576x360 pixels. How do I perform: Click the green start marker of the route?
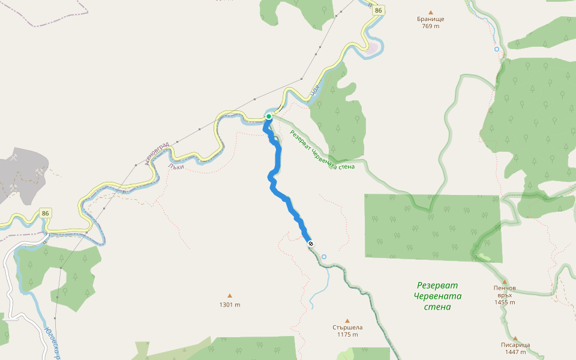(x=269, y=116)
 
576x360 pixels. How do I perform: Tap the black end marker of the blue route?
(x=311, y=243)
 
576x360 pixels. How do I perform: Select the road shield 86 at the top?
(x=377, y=10)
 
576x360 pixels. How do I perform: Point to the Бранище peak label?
(x=430, y=19)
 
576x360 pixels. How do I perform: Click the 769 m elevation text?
(x=430, y=26)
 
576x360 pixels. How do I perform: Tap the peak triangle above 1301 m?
(x=229, y=295)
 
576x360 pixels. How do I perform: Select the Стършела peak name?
(x=347, y=328)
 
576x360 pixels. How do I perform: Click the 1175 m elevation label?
(x=347, y=335)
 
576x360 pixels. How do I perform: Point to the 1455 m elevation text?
(x=505, y=302)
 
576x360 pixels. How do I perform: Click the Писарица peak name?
(x=515, y=345)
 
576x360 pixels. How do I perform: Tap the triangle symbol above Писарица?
(x=515, y=338)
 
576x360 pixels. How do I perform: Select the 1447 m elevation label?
(x=515, y=353)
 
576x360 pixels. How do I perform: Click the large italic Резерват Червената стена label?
(x=437, y=296)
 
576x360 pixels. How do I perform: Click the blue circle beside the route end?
(x=324, y=257)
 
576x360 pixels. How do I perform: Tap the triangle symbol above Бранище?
(x=430, y=12)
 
